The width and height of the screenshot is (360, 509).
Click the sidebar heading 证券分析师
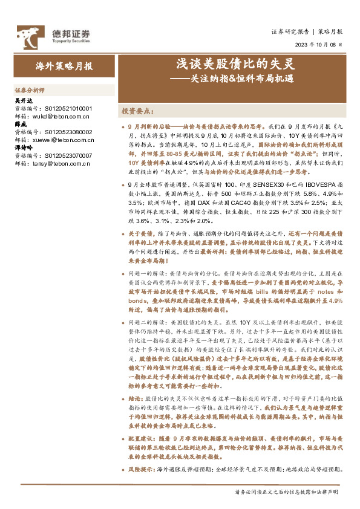(30, 88)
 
